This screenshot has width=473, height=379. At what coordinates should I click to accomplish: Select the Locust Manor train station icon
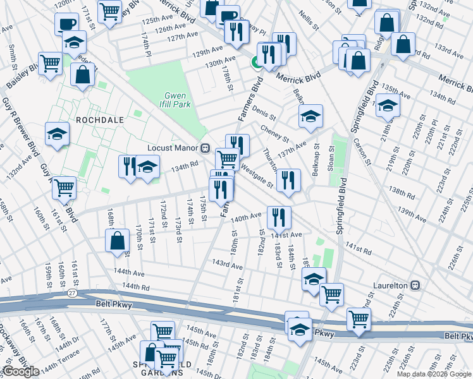(205, 148)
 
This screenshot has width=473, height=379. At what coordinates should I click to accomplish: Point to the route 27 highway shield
(73, 293)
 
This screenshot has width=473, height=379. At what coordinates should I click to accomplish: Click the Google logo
(21, 371)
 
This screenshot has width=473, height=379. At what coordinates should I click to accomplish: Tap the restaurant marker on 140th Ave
(279, 217)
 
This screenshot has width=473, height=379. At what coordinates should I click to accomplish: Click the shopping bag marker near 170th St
(118, 241)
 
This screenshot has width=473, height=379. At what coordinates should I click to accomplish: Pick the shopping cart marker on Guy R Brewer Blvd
(64, 187)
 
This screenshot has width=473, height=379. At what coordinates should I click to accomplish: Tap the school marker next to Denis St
(310, 116)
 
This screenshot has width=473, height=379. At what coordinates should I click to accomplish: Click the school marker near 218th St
(387, 105)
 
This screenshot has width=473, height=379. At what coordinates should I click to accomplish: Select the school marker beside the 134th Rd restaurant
(148, 167)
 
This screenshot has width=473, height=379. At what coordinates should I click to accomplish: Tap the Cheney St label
(274, 133)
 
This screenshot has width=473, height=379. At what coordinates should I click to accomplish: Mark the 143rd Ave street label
(227, 264)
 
